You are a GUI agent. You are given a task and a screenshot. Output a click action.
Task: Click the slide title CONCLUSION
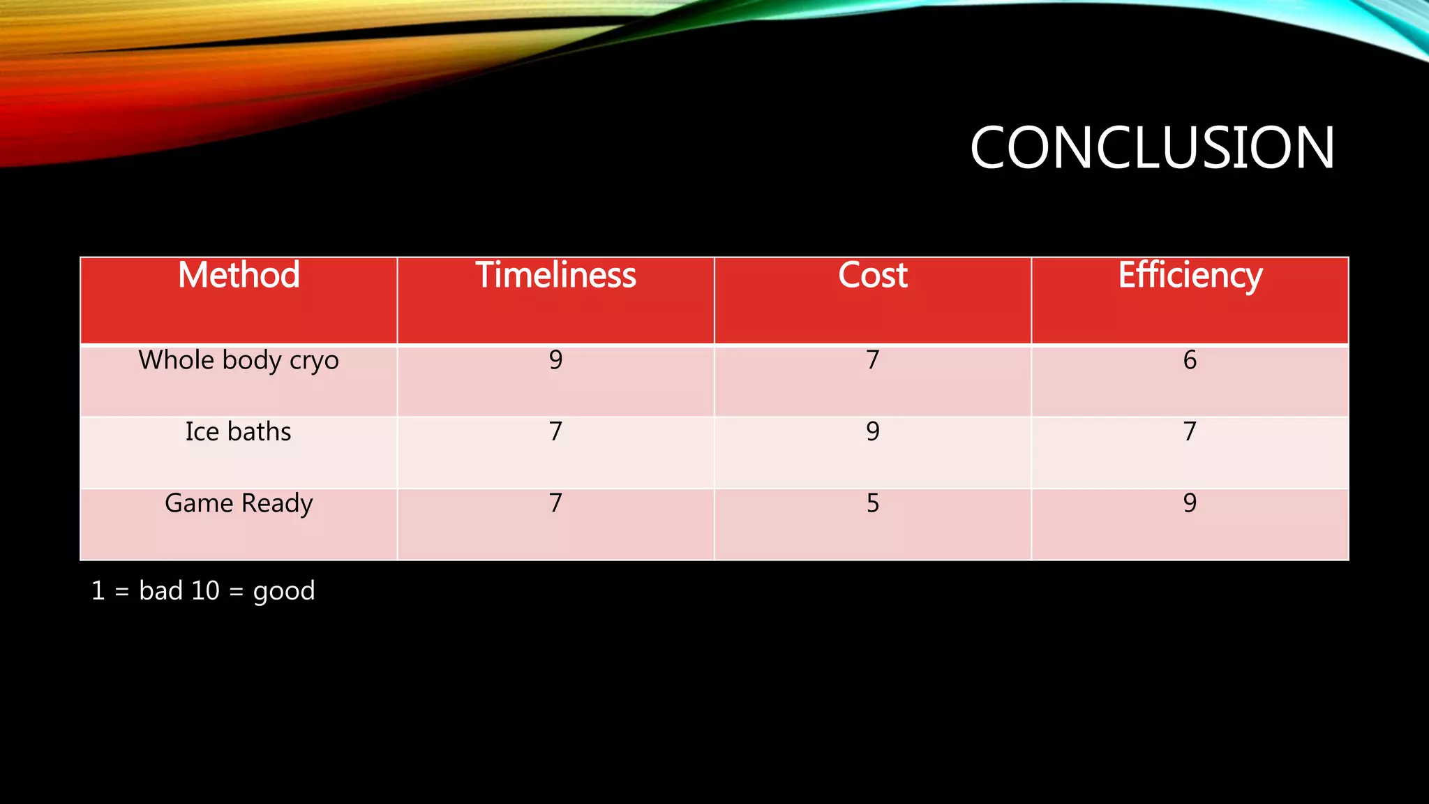pyautogui.click(x=1152, y=148)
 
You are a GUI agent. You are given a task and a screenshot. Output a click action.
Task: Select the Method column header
pyautogui.click(x=239, y=275)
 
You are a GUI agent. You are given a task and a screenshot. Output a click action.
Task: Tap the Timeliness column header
pyautogui.click(x=555, y=275)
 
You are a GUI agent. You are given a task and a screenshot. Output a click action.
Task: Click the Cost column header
pyautogui.click(x=872, y=275)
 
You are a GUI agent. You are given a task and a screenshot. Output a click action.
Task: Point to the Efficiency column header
pyautogui.click(x=1190, y=275)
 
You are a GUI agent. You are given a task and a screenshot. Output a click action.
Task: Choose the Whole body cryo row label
pyautogui.click(x=239, y=360)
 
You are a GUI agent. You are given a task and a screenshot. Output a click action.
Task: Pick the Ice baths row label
pyautogui.click(x=239, y=432)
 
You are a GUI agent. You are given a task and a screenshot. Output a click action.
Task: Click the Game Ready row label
pyautogui.click(x=239, y=503)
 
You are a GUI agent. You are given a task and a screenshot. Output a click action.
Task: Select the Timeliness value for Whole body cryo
pyautogui.click(x=555, y=360)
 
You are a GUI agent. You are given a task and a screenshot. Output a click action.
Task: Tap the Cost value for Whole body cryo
pyautogui.click(x=872, y=360)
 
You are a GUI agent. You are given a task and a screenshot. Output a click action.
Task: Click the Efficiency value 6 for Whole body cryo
pyautogui.click(x=1190, y=360)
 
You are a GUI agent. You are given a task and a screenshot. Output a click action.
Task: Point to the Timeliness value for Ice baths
pyautogui.click(x=555, y=432)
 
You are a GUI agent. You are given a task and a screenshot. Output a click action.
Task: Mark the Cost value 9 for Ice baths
pyautogui.click(x=872, y=432)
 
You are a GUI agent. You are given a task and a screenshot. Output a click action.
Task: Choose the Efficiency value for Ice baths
pyautogui.click(x=1190, y=432)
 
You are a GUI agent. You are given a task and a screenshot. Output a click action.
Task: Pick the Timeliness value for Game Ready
pyautogui.click(x=555, y=503)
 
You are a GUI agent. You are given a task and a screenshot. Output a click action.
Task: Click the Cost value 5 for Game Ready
pyautogui.click(x=872, y=503)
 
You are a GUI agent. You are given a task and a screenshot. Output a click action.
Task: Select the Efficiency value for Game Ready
pyautogui.click(x=1190, y=503)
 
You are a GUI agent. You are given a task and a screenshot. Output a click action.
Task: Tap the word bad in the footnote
pyautogui.click(x=160, y=591)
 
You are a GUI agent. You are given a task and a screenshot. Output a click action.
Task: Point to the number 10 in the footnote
pyautogui.click(x=205, y=591)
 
